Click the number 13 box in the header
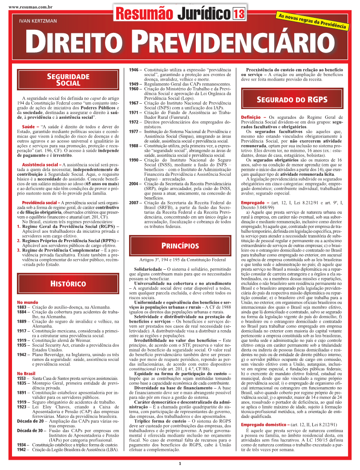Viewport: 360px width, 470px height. pos(239,14)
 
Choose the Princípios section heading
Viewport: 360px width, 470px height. pos(180,246)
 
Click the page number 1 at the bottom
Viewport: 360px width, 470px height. pos(180,464)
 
